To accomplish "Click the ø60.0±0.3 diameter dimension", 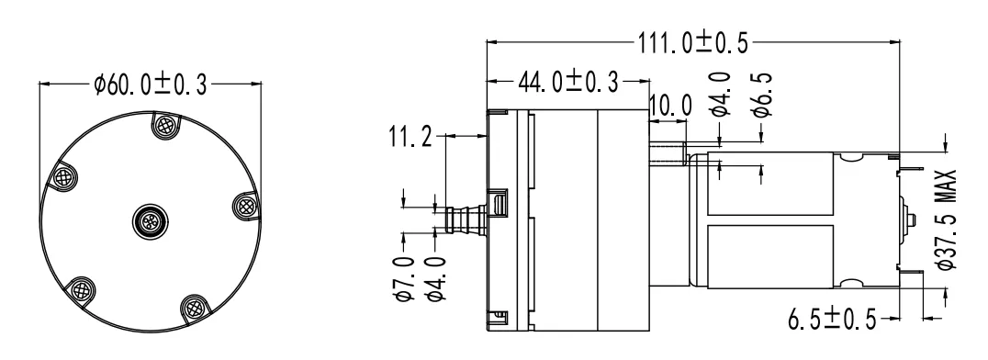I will (x=151, y=85).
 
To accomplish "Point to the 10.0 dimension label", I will (x=669, y=106).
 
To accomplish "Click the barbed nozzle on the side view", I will (x=464, y=220).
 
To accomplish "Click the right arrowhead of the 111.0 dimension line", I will (x=894, y=42).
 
